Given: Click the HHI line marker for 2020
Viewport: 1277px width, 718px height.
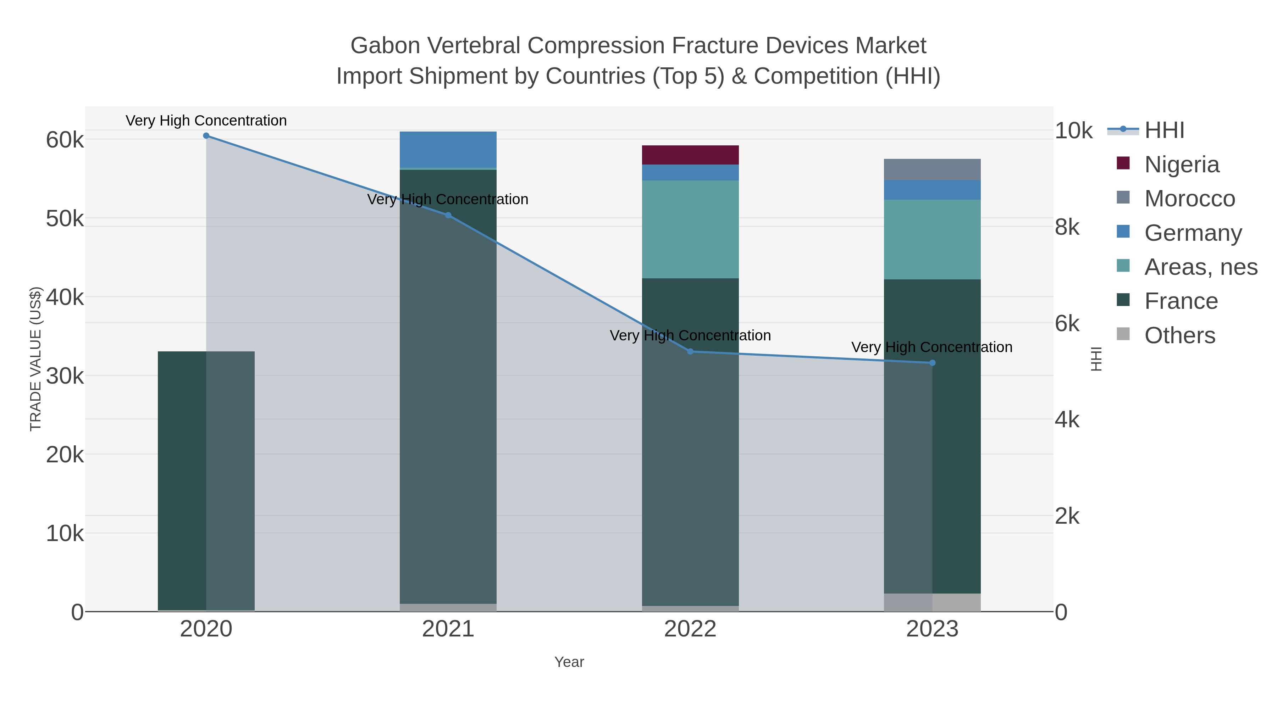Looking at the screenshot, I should click(x=206, y=135).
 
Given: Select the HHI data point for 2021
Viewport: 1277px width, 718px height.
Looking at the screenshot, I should click(x=448, y=215).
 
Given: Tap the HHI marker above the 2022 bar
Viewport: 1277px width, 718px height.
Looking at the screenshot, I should click(x=690, y=351).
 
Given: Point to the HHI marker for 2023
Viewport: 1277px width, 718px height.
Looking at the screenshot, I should click(x=932, y=363).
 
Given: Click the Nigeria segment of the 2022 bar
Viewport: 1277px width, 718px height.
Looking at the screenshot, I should click(x=690, y=155).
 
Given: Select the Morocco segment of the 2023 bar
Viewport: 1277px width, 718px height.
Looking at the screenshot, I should click(x=932, y=169).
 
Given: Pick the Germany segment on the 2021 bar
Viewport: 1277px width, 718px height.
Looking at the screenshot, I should click(x=448, y=149).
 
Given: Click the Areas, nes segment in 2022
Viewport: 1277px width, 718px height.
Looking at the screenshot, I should click(x=690, y=229).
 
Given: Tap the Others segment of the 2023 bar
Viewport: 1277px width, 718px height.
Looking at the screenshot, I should click(x=932, y=602).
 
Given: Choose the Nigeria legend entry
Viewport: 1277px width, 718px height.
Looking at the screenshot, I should click(x=1181, y=165).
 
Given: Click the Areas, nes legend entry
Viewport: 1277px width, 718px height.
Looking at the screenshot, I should click(x=1200, y=267).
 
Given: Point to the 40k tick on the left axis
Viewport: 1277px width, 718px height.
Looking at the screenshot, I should click(x=65, y=297).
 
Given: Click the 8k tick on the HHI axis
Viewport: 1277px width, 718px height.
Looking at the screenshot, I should click(x=1067, y=227).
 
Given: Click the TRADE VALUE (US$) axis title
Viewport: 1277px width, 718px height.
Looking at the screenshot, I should click(x=36, y=359).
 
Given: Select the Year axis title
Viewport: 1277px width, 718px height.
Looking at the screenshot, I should click(x=569, y=662).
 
